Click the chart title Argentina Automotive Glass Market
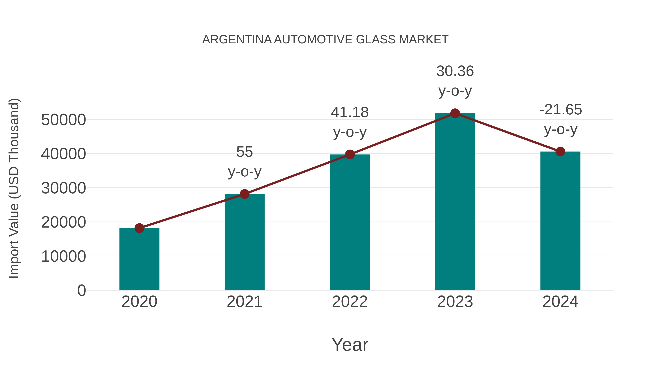(x=325, y=40)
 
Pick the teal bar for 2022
(x=350, y=222)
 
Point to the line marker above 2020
(x=139, y=228)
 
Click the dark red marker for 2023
(x=455, y=113)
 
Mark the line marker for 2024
(x=560, y=152)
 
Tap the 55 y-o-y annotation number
(x=244, y=152)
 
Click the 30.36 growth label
(x=455, y=71)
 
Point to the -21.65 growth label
(x=560, y=110)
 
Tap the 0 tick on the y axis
(x=81, y=290)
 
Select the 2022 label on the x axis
(x=350, y=302)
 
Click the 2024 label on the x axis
(x=560, y=302)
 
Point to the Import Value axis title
(x=14, y=188)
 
